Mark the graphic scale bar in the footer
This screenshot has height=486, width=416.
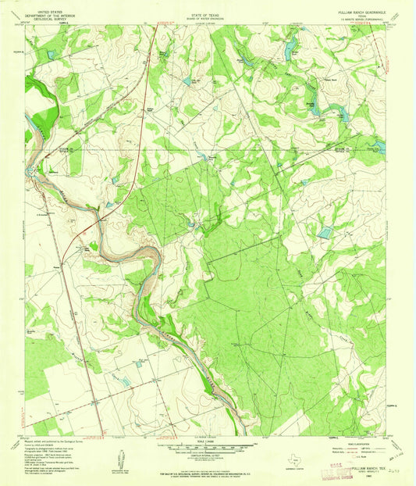point(207,449)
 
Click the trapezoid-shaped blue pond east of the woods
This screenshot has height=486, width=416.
point(325,233)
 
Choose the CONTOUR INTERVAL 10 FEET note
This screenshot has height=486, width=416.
point(207,457)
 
